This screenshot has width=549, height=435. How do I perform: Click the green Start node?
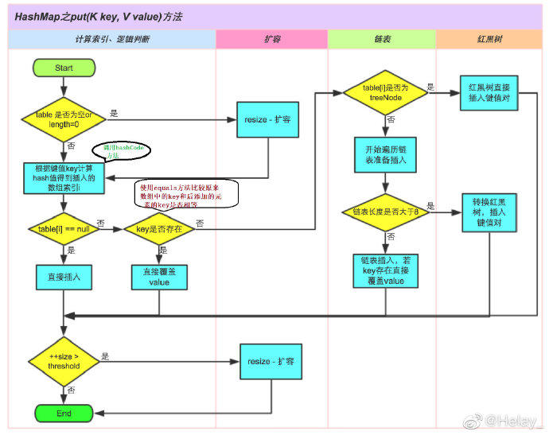point(64,68)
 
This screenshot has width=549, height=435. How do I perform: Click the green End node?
point(64,414)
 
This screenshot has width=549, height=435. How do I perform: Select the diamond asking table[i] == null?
point(64,229)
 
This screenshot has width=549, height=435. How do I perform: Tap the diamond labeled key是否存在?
point(159,229)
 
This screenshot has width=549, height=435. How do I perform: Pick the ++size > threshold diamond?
point(64,362)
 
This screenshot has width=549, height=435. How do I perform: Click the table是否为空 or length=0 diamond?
point(64,119)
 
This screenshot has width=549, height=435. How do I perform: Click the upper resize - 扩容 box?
point(265,120)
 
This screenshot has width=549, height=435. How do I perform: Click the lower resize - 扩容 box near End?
point(271,361)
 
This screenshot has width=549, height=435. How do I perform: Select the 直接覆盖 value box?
point(159,277)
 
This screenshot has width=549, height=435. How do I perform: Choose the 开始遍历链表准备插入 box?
point(385,154)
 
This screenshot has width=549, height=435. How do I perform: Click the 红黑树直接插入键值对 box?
point(489,91)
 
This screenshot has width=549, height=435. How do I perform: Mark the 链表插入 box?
point(385,270)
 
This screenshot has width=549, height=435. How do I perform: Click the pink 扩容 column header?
point(271,39)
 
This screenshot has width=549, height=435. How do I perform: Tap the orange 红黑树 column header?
point(489,39)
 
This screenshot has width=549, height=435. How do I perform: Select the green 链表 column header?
point(382,39)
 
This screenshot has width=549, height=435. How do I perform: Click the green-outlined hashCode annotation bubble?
point(120,150)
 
